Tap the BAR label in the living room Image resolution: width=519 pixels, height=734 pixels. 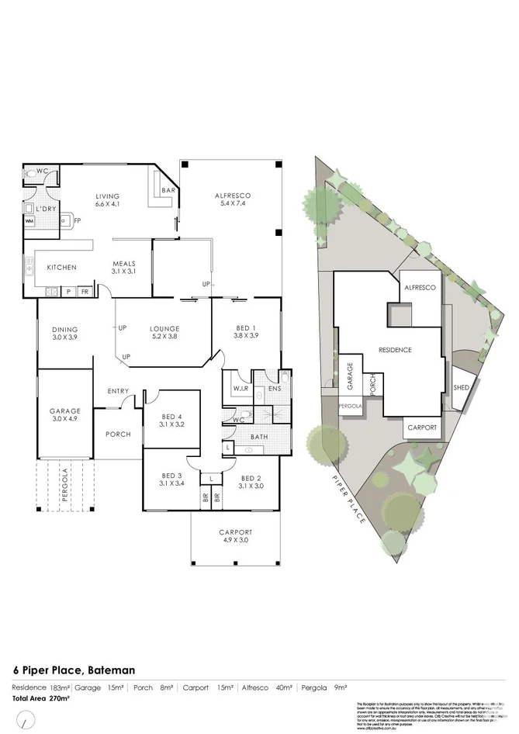[167, 191]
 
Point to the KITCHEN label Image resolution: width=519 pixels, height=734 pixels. [61, 268]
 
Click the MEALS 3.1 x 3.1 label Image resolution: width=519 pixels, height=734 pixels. [124, 268]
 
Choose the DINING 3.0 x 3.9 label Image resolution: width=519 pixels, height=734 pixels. [65, 334]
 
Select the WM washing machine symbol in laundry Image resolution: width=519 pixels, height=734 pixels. [29, 222]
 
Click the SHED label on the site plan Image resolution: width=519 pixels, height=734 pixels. [460, 386]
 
